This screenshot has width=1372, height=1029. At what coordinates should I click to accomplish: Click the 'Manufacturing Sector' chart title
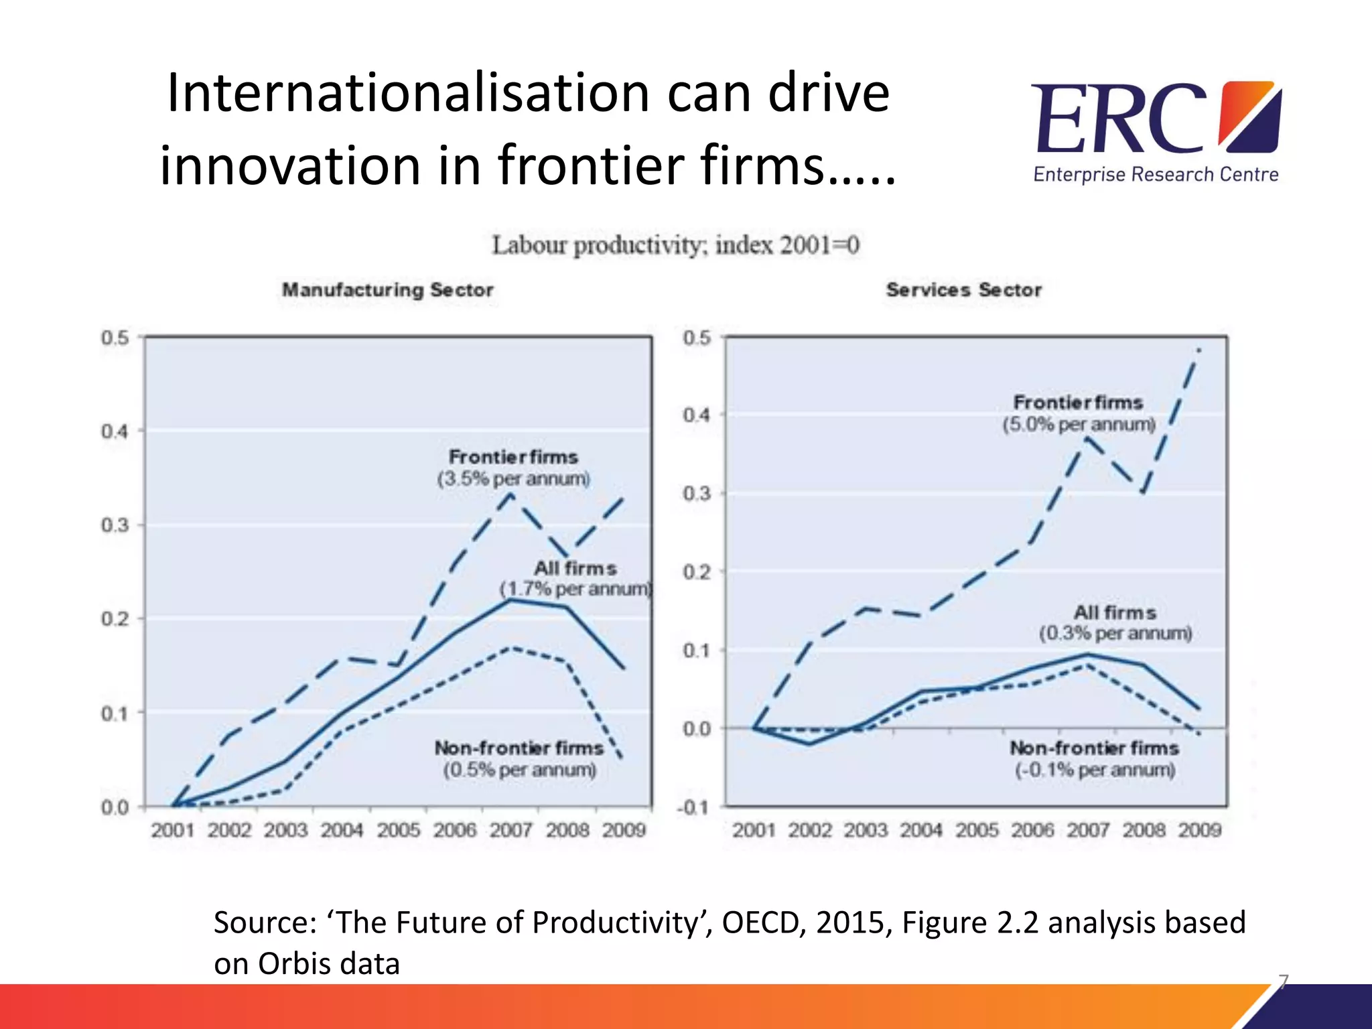click(x=387, y=290)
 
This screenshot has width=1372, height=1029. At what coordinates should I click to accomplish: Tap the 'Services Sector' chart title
click(x=963, y=290)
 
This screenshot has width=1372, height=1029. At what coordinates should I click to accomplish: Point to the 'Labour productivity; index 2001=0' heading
click(x=675, y=245)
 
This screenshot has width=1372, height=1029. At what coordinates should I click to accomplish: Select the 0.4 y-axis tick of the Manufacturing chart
click(x=115, y=431)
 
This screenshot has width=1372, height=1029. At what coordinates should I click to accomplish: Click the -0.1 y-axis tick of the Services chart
click(x=693, y=807)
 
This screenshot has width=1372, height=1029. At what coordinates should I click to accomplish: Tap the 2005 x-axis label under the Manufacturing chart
click(x=398, y=830)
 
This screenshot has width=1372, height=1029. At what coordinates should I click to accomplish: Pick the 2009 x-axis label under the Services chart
click(x=1200, y=830)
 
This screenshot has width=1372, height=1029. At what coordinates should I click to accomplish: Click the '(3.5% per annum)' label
click(x=514, y=479)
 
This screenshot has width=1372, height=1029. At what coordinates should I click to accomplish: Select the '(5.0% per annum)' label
click(x=1079, y=425)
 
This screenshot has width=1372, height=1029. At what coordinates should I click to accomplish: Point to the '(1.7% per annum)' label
click(x=576, y=589)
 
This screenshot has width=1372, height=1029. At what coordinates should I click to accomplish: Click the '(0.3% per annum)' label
click(x=1115, y=633)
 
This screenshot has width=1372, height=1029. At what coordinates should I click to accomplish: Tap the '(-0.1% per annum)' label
click(x=1095, y=770)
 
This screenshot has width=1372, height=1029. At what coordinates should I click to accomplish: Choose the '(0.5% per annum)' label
click(x=519, y=770)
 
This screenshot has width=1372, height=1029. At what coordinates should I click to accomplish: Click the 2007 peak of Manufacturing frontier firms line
click(x=511, y=494)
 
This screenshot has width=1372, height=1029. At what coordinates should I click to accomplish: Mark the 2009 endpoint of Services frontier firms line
click(x=1199, y=349)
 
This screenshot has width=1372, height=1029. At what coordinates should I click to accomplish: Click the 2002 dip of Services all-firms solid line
click(x=810, y=744)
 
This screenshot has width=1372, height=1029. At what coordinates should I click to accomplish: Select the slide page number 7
click(x=1283, y=981)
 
